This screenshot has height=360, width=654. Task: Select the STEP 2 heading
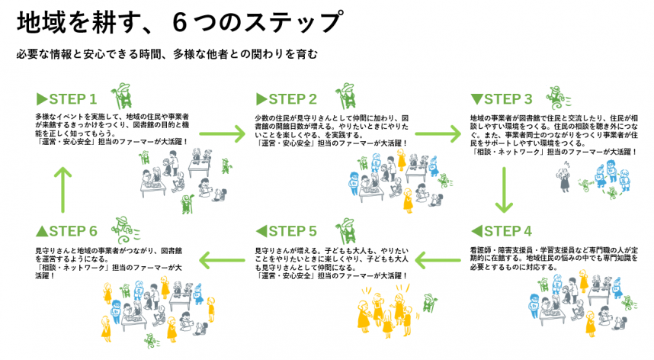pyautogui.click(x=287, y=99)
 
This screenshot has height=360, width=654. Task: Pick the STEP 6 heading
pyautogui.click(x=67, y=231)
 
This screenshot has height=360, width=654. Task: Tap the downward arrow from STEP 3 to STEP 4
pyautogui.click(x=502, y=190)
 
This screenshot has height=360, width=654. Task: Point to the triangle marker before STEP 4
pyautogui.click(x=476, y=231)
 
